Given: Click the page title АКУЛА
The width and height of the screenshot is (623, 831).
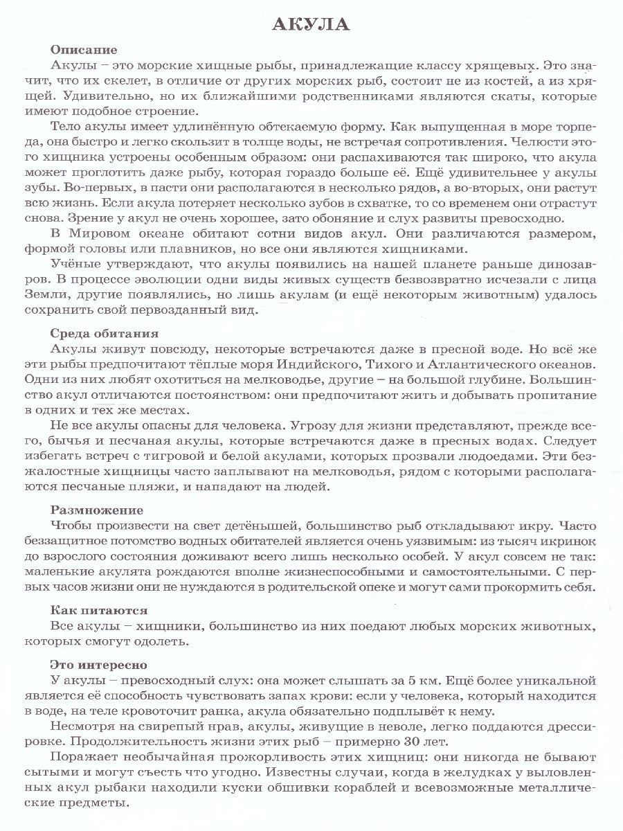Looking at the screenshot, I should pyautogui.click(x=311, y=26).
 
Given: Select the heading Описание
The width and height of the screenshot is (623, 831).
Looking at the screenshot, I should pyautogui.click(x=84, y=50).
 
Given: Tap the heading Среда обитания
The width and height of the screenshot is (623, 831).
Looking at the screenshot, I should pyautogui.click(x=105, y=332).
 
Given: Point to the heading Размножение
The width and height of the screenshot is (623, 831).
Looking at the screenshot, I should pyautogui.click(x=97, y=510).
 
